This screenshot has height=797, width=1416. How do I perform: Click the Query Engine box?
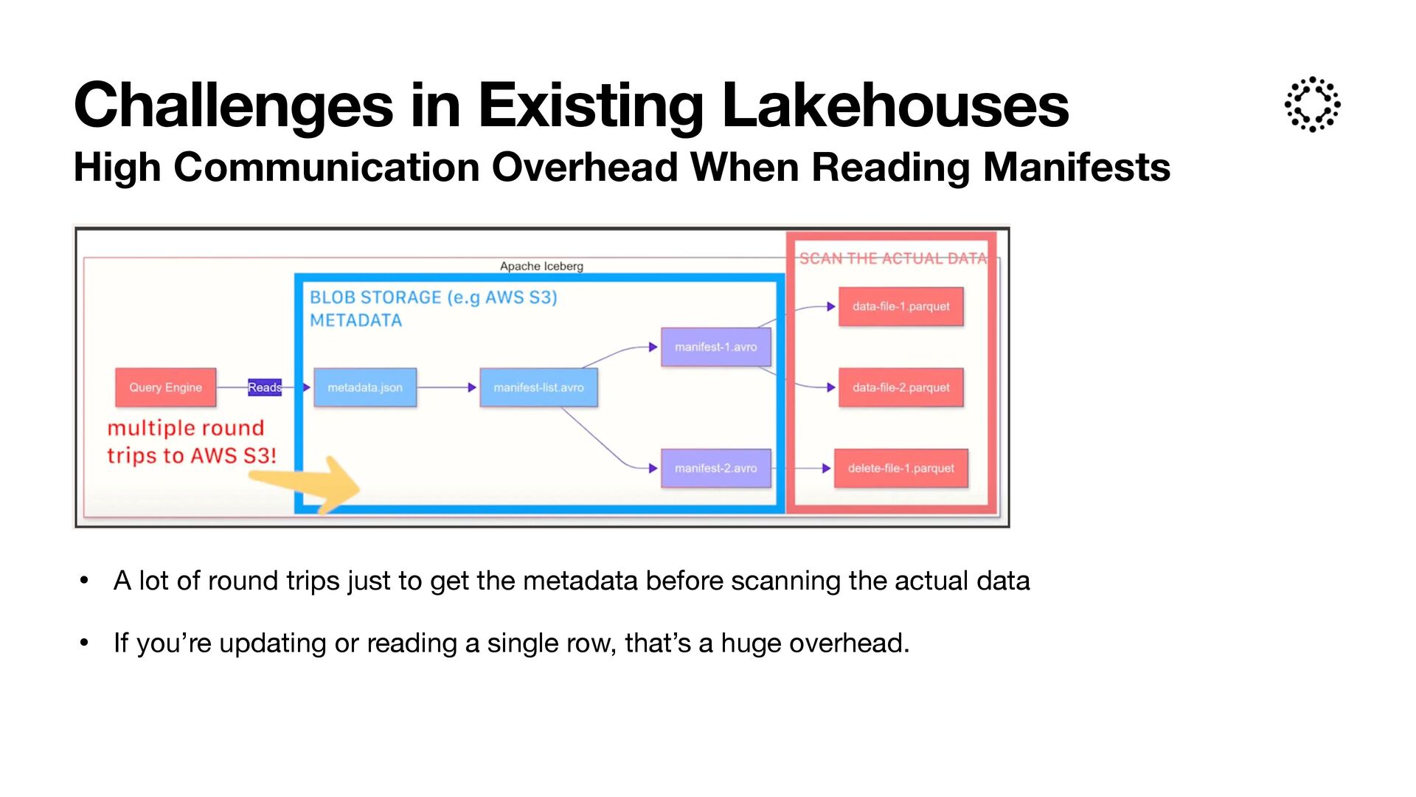[x=165, y=387]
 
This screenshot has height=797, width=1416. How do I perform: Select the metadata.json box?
[x=365, y=387]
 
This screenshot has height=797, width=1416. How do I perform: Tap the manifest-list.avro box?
[x=538, y=387]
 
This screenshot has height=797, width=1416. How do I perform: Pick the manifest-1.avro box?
[x=715, y=347]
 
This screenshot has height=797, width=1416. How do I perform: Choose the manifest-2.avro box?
[x=715, y=468]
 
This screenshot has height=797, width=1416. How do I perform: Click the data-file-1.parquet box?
[x=900, y=306]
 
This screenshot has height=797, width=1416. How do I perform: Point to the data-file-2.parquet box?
[x=900, y=387]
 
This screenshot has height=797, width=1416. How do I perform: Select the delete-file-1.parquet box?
[x=900, y=468]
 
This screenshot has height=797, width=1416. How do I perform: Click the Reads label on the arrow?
[x=264, y=387]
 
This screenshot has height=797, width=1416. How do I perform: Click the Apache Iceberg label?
[x=541, y=266]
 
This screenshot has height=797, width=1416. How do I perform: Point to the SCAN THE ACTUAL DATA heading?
[x=892, y=258]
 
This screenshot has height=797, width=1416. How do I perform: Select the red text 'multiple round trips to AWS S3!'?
[x=190, y=441]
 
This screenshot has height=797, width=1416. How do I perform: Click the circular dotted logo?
[x=1312, y=104]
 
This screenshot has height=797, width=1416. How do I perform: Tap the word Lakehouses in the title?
[x=895, y=106]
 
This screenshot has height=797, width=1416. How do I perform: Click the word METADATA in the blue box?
[x=355, y=320]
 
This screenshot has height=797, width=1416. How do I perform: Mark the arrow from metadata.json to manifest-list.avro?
[x=447, y=387]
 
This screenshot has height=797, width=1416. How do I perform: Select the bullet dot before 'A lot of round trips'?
[x=84, y=582]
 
